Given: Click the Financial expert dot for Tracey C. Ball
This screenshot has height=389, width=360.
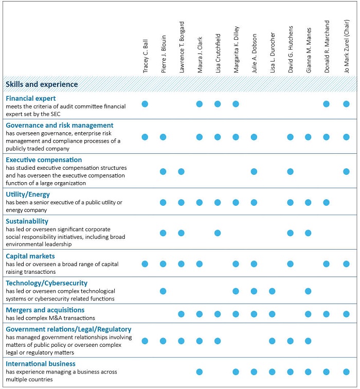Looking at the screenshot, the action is (145, 104).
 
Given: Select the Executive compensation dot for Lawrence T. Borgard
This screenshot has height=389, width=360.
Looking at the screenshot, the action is (181, 171).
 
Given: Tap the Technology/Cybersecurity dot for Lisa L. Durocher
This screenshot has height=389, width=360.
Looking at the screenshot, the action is (272, 291).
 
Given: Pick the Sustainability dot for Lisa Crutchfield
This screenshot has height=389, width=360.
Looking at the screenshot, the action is (218, 233).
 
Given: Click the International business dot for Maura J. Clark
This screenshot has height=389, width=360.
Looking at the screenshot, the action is (200, 372).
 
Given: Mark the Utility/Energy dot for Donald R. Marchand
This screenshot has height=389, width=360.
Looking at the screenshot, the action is (326, 202).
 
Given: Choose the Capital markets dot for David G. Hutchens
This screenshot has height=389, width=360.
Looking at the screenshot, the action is (290, 264).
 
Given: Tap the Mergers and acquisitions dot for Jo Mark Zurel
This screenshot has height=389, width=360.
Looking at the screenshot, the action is (346, 314).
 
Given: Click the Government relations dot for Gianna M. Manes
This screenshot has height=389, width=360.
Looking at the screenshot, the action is (308, 341).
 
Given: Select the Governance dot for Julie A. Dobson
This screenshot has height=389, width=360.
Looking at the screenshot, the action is (254, 137).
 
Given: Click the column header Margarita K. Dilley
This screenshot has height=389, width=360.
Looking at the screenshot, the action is (236, 49).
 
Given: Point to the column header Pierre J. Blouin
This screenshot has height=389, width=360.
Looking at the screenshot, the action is (164, 54).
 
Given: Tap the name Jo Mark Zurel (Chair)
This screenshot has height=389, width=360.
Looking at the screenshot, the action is (346, 46).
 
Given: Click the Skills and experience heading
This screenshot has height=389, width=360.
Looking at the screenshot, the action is (42, 84).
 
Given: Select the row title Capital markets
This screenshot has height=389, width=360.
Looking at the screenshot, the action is (30, 256).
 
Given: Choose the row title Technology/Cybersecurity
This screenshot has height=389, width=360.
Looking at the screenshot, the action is (47, 283).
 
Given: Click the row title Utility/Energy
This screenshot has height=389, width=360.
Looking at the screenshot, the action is (28, 194).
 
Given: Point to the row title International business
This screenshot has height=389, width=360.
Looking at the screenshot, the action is (41, 364).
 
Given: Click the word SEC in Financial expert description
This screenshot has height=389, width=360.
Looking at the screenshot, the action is (56, 114).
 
